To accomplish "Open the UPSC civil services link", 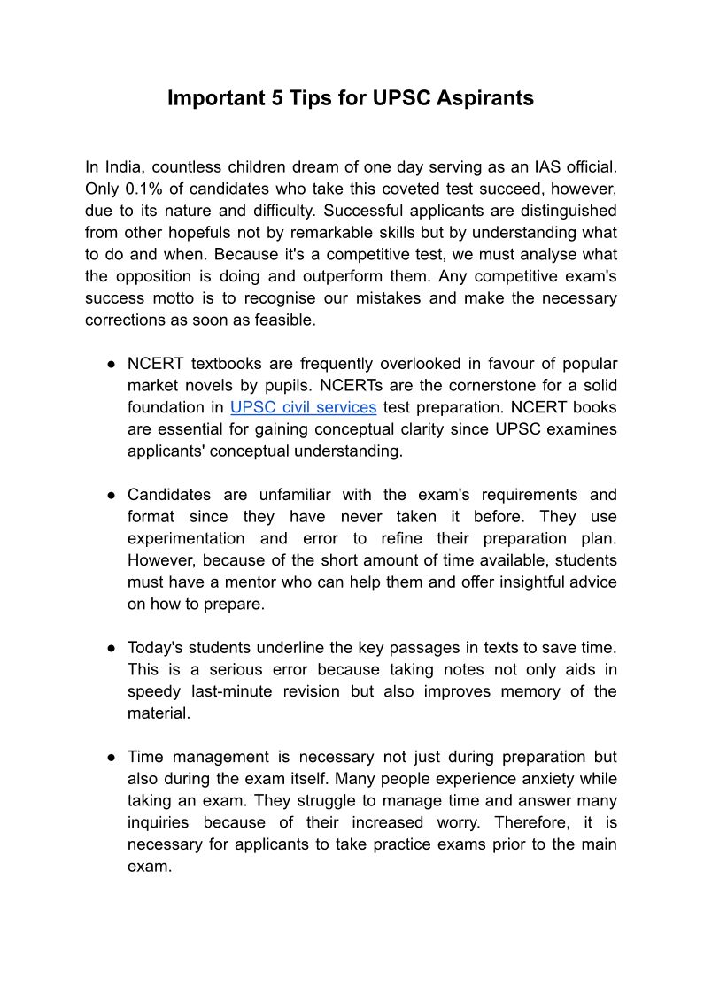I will click(x=303, y=407).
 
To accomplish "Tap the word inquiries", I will click(x=157, y=822).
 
